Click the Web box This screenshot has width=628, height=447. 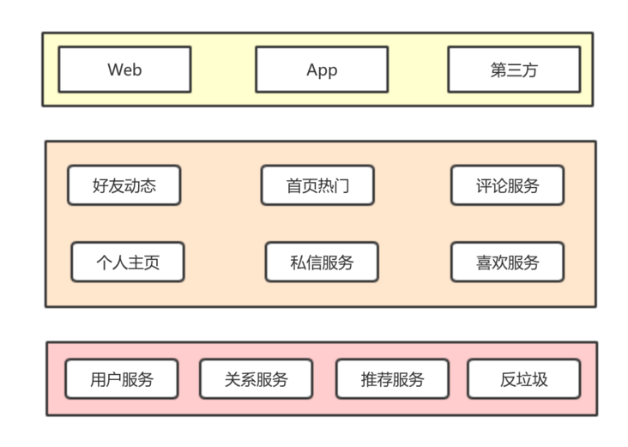(x=124, y=69)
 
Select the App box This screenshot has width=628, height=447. (x=322, y=69)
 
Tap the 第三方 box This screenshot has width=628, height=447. (x=514, y=69)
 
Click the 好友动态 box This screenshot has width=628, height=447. (x=124, y=185)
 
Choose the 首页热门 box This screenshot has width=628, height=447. (x=317, y=185)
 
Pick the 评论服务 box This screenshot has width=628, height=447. (x=507, y=185)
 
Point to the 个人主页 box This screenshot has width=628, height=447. (x=128, y=263)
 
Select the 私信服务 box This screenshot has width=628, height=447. (x=322, y=263)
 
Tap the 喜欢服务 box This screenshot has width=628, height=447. (x=507, y=263)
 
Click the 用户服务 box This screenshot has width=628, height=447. (x=122, y=379)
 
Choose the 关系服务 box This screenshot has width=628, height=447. (x=256, y=379)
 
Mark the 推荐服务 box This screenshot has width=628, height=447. (x=392, y=379)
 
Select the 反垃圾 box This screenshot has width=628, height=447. (x=523, y=379)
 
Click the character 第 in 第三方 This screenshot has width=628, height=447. (x=498, y=70)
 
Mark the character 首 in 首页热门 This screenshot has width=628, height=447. (x=294, y=186)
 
